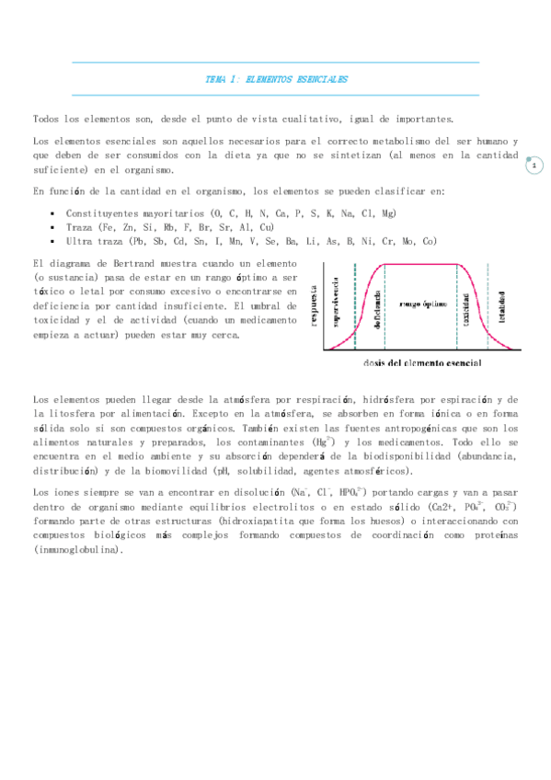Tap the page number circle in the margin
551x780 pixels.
(x=534, y=166)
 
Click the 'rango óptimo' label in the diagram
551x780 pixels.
(x=422, y=302)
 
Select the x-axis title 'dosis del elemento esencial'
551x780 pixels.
(x=420, y=362)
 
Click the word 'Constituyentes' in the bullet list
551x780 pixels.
(x=100, y=213)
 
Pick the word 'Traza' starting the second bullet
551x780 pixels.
(x=79, y=226)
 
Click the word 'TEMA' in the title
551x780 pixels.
(x=216, y=80)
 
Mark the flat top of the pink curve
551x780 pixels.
(x=420, y=265)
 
